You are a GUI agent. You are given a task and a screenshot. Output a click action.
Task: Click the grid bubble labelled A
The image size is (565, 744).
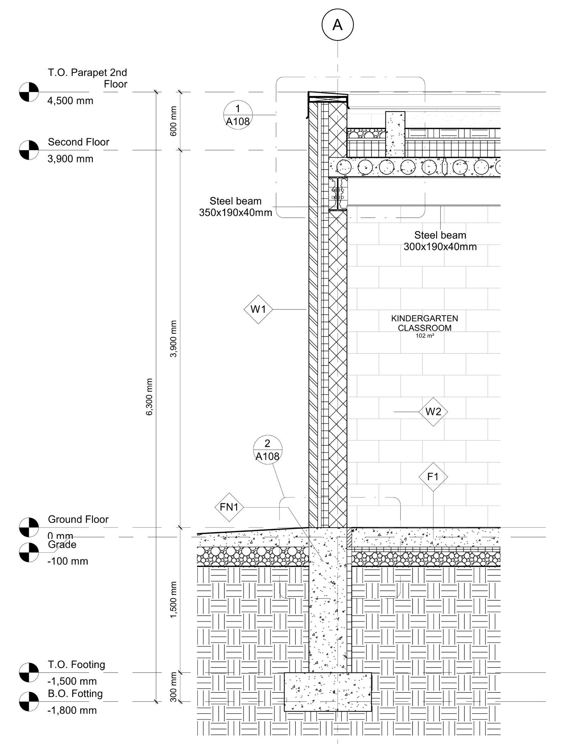point(337,25)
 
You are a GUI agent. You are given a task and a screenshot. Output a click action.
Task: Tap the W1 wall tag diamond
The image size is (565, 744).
point(258,309)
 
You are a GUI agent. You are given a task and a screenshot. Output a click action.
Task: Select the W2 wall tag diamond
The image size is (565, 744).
point(433,411)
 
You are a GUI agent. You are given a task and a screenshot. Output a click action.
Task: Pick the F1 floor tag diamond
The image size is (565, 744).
point(433,477)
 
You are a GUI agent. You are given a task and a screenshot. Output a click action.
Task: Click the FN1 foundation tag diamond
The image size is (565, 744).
point(229,507)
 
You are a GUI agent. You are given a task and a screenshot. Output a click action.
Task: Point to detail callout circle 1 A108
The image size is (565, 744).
point(238,115)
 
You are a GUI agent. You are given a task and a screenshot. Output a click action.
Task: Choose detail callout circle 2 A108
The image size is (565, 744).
point(267,450)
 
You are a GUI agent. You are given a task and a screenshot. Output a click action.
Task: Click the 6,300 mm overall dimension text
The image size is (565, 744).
point(149,397)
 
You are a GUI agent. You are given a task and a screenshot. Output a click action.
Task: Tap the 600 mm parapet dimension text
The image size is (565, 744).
point(173,121)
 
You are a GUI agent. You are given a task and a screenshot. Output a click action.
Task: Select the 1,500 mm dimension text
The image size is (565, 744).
point(173,600)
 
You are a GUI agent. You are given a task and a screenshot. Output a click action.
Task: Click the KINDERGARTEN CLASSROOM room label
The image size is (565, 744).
point(425,323)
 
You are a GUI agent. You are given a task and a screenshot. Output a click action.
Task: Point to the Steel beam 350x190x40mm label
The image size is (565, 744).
point(235,207)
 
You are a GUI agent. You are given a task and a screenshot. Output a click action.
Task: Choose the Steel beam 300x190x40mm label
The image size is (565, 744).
point(440,241)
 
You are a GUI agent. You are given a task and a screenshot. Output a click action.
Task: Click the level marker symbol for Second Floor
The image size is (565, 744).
point(29,150)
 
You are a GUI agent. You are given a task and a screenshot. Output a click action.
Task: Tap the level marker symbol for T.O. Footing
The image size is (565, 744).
point(29,673)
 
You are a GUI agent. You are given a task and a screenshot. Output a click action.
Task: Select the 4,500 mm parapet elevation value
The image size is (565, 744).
point(70,101)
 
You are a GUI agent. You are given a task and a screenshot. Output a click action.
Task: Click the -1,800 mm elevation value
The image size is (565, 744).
point(72,710)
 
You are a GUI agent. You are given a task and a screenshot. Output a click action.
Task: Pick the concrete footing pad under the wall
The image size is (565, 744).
point(327,691)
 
